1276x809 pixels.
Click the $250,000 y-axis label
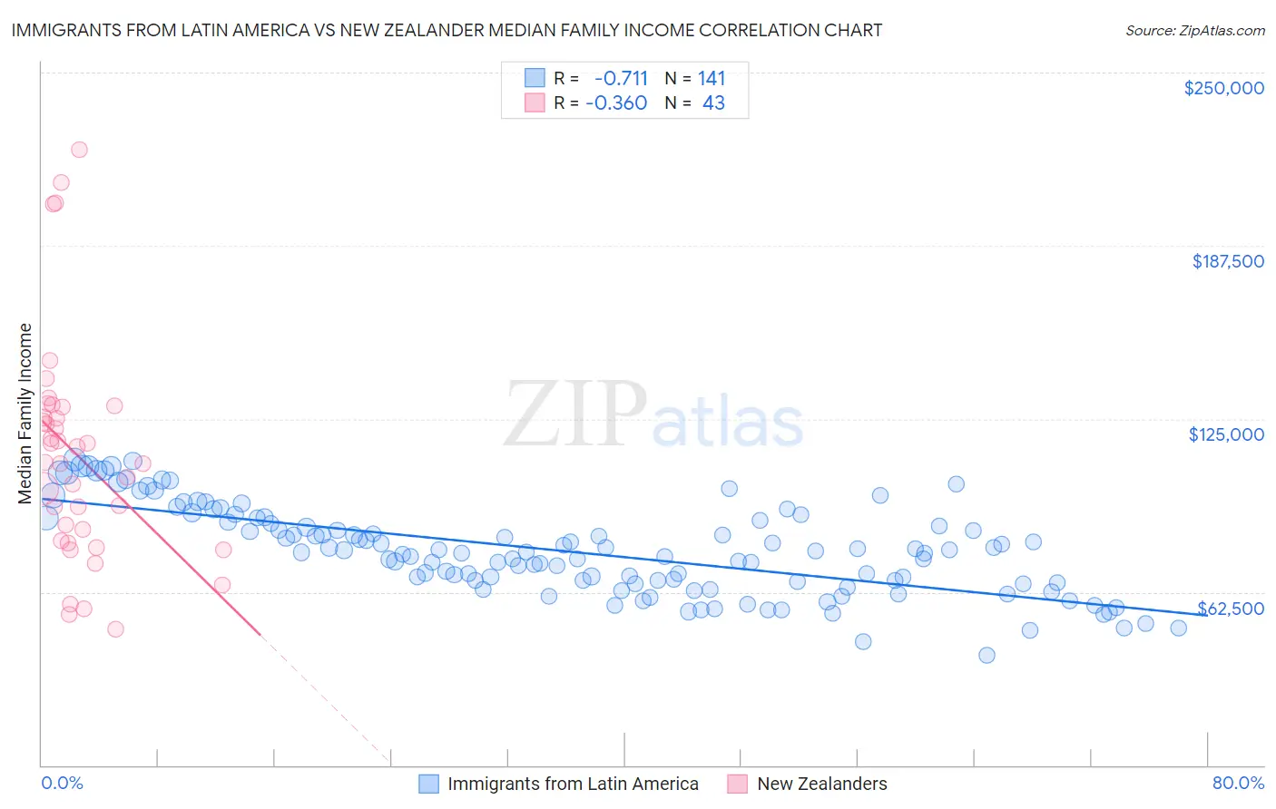(x=1223, y=88)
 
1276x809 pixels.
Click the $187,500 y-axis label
(x=1227, y=261)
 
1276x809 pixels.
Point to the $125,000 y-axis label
(x=1226, y=434)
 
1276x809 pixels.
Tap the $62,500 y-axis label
(x=1231, y=609)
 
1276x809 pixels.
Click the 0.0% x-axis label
(x=62, y=783)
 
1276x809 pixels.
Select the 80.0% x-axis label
(x=1238, y=783)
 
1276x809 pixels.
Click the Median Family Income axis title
(x=25, y=413)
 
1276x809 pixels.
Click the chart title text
(x=447, y=30)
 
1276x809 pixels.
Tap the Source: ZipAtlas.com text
(x=1194, y=30)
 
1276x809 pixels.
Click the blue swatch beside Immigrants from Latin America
(x=428, y=784)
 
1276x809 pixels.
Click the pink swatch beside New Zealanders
(x=738, y=784)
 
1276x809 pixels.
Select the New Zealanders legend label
(x=821, y=784)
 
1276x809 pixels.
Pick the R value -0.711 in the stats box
(x=621, y=78)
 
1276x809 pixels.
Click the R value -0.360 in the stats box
(x=616, y=102)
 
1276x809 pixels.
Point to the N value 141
(x=712, y=78)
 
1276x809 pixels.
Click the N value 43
(x=713, y=102)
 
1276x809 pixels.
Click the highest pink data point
(x=79, y=150)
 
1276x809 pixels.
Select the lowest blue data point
(x=986, y=655)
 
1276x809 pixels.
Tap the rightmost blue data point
(x=1178, y=628)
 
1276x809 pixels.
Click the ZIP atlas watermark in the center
(x=653, y=415)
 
